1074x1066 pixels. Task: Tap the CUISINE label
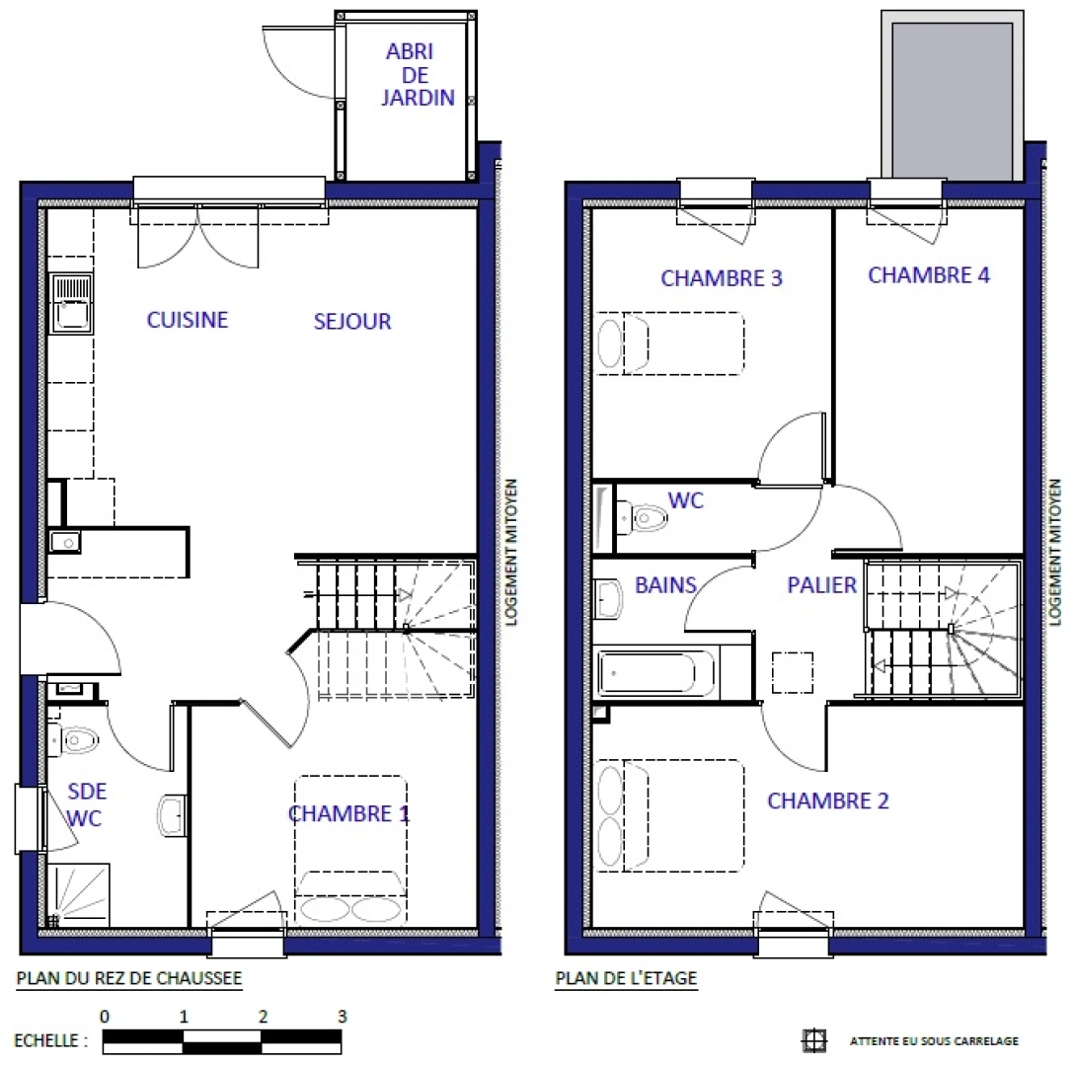(188, 320)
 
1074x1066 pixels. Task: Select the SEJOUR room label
(352, 321)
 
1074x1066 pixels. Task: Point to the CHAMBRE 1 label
(348, 814)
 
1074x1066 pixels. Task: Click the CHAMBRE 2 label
(827, 800)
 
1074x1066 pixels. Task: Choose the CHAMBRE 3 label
(722, 278)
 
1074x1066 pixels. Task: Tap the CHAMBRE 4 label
(928, 275)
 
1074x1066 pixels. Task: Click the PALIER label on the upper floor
(821, 585)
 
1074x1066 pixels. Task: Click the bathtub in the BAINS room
(657, 674)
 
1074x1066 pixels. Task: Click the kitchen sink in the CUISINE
(70, 303)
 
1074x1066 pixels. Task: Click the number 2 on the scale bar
(263, 1016)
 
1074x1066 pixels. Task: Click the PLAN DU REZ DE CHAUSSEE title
(128, 978)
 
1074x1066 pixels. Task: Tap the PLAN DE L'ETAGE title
(626, 978)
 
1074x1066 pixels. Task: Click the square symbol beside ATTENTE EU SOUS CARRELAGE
(812, 1040)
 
